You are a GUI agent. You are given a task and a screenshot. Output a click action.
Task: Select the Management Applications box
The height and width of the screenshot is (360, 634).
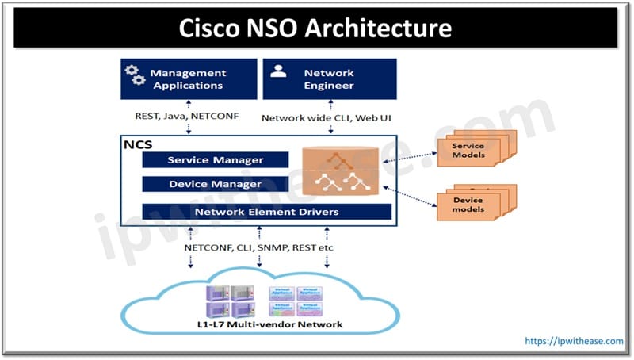(x=189, y=79)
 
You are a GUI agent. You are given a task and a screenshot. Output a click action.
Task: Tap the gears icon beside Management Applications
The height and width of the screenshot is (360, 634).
(x=135, y=75)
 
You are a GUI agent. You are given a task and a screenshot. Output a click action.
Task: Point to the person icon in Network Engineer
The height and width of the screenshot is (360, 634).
(x=278, y=71)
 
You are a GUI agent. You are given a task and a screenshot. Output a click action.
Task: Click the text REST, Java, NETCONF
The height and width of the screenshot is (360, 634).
(x=188, y=117)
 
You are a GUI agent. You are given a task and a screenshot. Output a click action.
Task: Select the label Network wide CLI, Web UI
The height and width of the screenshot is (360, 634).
(x=327, y=117)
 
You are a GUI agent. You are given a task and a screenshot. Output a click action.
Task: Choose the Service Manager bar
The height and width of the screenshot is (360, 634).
(x=215, y=160)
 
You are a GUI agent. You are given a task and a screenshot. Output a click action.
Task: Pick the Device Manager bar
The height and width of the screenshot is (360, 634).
(x=215, y=184)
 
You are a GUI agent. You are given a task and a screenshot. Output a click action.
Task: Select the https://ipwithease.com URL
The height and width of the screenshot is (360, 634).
(x=573, y=340)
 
